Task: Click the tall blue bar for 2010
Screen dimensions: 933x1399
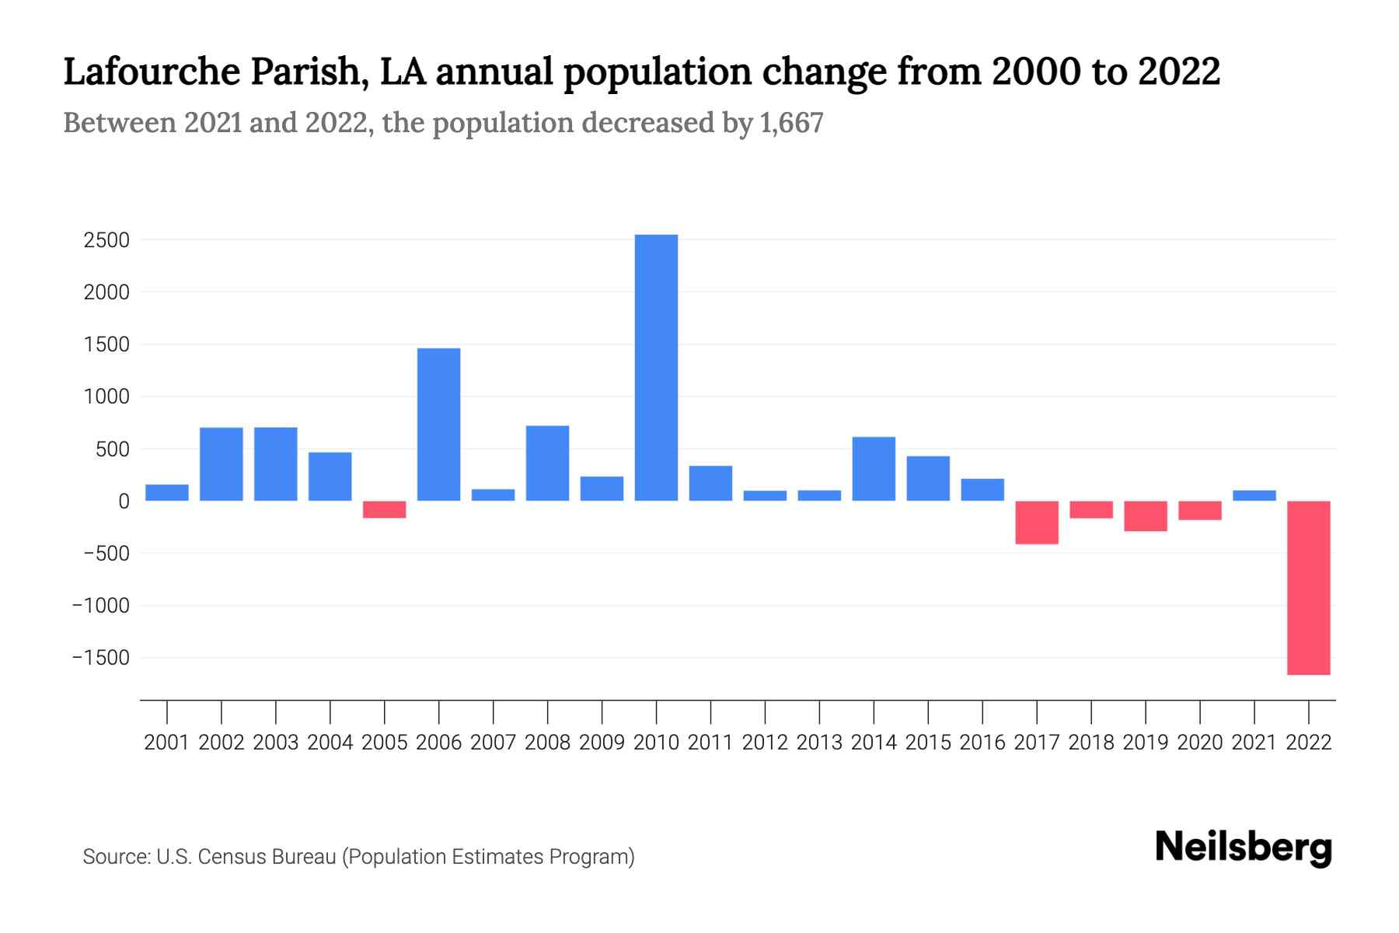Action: click(x=656, y=368)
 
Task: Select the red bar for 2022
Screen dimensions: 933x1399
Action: click(x=1308, y=588)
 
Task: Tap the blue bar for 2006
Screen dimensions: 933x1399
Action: click(x=438, y=425)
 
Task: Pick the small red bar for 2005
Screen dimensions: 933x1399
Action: click(x=384, y=509)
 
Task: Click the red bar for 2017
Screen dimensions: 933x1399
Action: click(x=1036, y=522)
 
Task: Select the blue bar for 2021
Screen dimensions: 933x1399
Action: click(x=1254, y=495)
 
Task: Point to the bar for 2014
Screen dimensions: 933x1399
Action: click(x=874, y=469)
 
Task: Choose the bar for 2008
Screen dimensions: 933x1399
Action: click(x=547, y=463)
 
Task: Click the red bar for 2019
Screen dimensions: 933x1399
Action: click(x=1145, y=516)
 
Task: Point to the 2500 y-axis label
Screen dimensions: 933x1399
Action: click(x=106, y=240)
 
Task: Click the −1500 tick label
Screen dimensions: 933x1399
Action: click(x=101, y=658)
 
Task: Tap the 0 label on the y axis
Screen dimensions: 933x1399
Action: click(x=123, y=501)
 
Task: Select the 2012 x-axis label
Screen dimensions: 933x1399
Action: click(x=765, y=743)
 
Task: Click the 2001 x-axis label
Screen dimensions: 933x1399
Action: click(x=167, y=743)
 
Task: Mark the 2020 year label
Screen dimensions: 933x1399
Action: click(x=1199, y=743)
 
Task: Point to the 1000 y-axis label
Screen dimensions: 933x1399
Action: click(x=106, y=397)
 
